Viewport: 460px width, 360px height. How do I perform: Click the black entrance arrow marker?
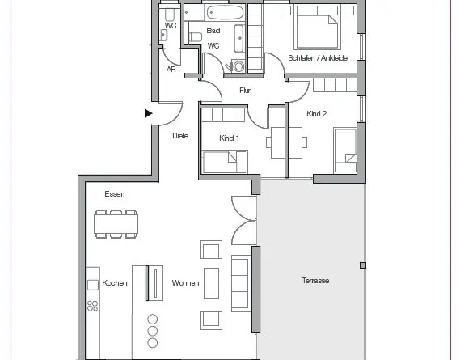pos(149,113)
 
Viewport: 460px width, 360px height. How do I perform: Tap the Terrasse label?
pos(315,281)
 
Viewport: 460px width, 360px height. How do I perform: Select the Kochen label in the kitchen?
pos(115,283)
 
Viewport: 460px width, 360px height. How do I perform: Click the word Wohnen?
pos(185,283)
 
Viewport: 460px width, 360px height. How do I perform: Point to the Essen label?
pos(115,194)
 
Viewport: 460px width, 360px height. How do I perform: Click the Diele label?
pos(180,136)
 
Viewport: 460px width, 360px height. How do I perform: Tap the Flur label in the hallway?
pos(245,91)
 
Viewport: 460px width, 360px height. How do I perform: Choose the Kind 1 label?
pos(229,138)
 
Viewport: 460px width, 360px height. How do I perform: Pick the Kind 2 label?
pos(317,113)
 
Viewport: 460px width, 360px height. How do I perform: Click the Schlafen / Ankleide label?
pos(318,58)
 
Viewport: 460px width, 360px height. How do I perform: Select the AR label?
pos(171,70)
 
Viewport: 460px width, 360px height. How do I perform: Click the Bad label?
pos(213,31)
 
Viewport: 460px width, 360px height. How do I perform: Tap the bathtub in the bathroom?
pos(225,13)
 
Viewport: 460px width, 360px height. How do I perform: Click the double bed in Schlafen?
pos(317,27)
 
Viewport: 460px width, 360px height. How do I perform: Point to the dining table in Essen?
pos(116,224)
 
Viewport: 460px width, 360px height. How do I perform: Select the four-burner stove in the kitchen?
pos(93,306)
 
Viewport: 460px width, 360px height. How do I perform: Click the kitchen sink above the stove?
pos(93,285)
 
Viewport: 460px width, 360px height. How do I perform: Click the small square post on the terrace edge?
pos(363,265)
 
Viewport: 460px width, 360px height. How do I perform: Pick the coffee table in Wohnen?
pos(211,283)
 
